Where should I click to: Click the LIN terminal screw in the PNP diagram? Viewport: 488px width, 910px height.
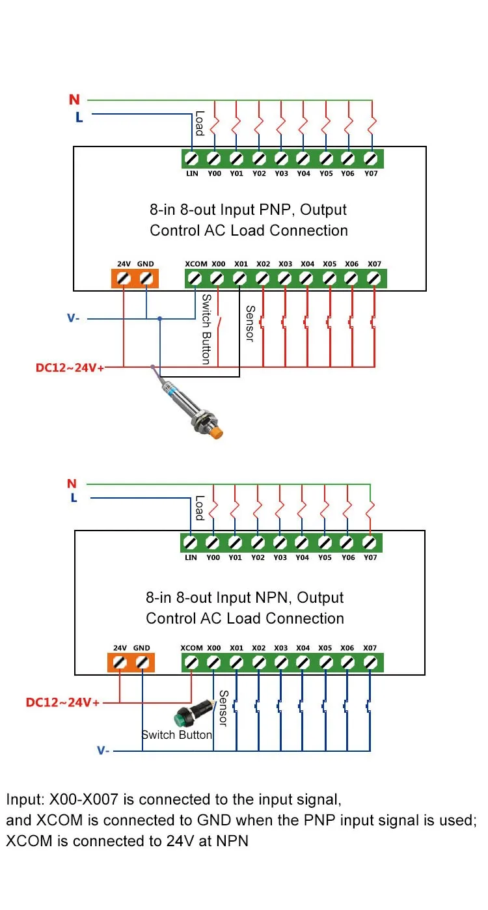[192, 158]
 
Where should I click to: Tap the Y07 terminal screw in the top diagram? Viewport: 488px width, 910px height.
[371, 158]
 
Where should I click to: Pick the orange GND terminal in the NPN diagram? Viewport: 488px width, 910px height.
[142, 663]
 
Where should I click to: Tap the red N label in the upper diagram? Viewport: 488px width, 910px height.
[74, 100]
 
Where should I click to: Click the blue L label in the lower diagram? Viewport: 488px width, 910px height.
[74, 498]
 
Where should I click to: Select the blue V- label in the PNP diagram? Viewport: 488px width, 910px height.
[74, 318]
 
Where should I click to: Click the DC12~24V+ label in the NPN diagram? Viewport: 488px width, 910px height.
[62, 703]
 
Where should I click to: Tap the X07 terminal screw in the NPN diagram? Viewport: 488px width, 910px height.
[370, 663]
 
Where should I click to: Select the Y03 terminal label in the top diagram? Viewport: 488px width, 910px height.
[281, 174]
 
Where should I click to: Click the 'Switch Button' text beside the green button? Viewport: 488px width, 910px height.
[177, 735]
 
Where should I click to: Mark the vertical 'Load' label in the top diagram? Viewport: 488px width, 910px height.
[199, 123]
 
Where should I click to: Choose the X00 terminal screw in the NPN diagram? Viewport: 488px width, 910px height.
[214, 663]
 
